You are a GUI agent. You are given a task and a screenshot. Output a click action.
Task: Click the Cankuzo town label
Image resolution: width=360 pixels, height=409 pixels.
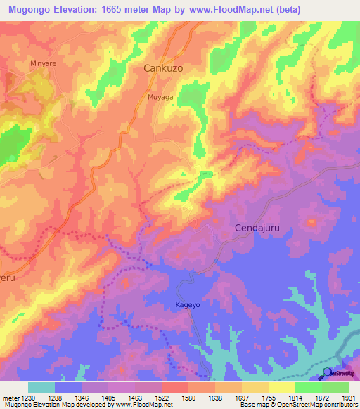coord(164,69)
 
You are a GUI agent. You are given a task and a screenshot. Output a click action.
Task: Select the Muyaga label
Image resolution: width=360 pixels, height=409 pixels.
coord(160,98)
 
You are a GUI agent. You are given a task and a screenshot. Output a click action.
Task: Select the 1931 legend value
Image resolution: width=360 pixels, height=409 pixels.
coord(348,397)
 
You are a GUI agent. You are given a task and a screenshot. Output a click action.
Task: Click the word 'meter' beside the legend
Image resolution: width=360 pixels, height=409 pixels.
coord(10,397)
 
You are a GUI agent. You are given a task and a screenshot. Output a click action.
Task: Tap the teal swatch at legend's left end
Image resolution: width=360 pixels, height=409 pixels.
coord(41,387)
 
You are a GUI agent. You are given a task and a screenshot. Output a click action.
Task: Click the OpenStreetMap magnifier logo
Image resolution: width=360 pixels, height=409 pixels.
coord(327,373)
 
